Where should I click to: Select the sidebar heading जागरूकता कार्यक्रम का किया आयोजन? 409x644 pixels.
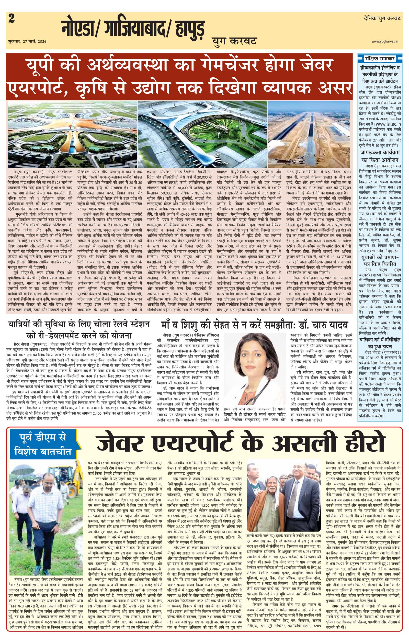coord(380,157)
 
